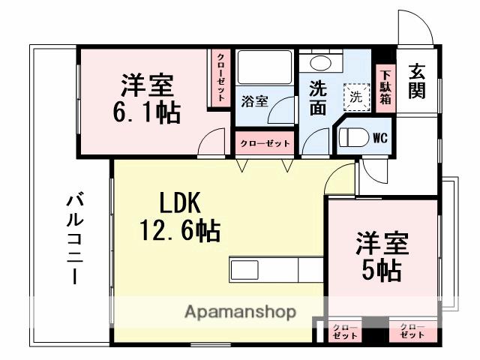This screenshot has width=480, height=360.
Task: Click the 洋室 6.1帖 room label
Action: click(x=147, y=100)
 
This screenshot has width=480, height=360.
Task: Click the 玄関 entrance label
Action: click(x=418, y=82)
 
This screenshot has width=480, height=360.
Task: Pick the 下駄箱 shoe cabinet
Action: click(x=385, y=86)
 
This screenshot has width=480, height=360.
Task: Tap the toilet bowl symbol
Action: click(x=355, y=137)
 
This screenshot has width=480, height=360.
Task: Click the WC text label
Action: click(x=379, y=138)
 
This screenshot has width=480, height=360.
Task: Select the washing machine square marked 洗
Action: click(x=357, y=95)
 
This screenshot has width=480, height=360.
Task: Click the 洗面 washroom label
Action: click(x=318, y=97)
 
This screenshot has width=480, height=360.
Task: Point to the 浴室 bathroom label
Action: click(x=255, y=100)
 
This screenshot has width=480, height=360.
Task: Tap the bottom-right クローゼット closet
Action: click(x=412, y=331)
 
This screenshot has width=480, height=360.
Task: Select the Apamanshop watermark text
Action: click(x=240, y=311)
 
